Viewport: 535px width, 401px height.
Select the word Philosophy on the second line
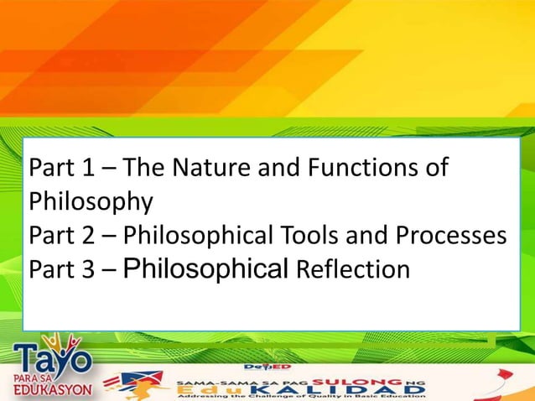click(91, 202)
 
